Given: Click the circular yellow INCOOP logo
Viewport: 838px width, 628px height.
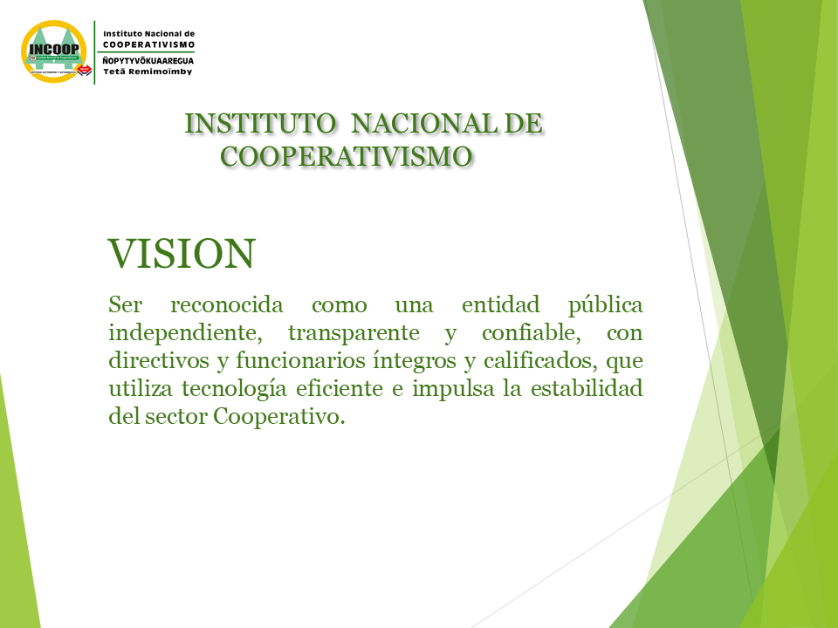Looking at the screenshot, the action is tap(53, 51).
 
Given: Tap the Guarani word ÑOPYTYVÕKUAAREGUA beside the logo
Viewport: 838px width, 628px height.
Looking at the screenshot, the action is tap(148, 61).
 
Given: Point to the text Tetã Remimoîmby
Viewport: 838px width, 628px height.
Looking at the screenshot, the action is tap(148, 72).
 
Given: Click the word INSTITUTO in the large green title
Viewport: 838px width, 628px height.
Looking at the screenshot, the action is tap(260, 124).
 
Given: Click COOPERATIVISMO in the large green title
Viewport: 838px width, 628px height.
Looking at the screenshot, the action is tap(347, 157).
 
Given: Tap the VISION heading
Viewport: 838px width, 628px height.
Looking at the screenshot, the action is tap(182, 254).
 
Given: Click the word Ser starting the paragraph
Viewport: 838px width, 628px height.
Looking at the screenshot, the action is tap(126, 305).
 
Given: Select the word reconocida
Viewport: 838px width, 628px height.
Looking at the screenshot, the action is tap(227, 305).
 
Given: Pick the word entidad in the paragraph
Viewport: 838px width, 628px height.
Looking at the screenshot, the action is tap(501, 305).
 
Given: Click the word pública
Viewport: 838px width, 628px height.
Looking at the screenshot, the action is tap(605, 306).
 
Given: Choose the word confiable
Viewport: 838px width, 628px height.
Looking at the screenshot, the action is tap(532, 333).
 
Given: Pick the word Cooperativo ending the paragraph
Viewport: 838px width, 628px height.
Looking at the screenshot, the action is tap(279, 417).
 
